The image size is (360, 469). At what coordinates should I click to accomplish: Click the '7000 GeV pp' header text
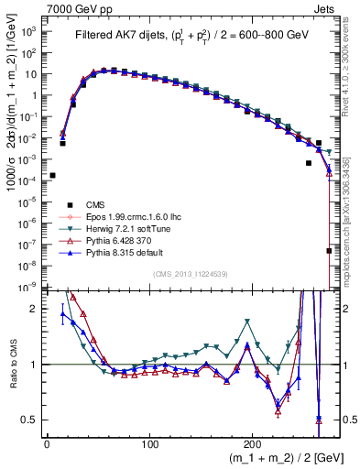(79, 7)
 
